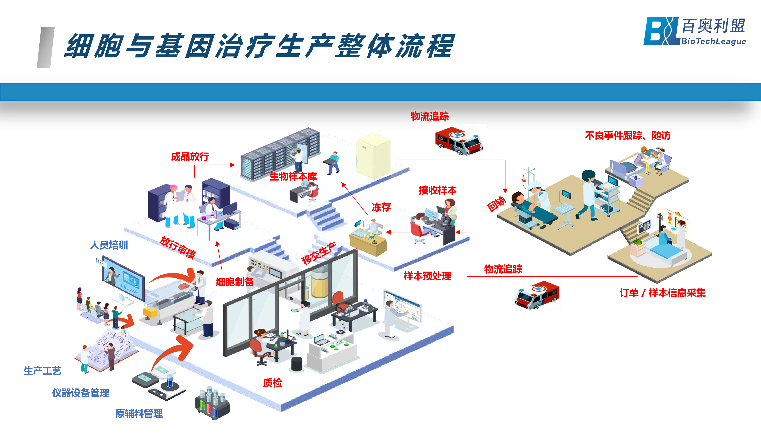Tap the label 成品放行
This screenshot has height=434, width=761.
click(x=190, y=157)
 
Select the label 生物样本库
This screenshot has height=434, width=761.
click(x=293, y=177)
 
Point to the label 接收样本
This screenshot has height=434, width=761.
click(x=437, y=190)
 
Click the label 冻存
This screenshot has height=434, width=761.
click(x=381, y=207)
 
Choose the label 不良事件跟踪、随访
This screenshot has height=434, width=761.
click(x=628, y=136)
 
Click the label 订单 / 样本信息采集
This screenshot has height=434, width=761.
click(x=662, y=293)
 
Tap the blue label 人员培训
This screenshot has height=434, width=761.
click(x=109, y=245)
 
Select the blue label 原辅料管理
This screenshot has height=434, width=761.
click(x=139, y=413)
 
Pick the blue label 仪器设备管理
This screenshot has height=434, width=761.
click(x=81, y=393)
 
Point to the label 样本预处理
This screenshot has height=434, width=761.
click(x=427, y=276)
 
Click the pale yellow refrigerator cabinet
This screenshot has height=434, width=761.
click(x=373, y=155)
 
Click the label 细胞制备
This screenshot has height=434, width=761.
click(x=235, y=282)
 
